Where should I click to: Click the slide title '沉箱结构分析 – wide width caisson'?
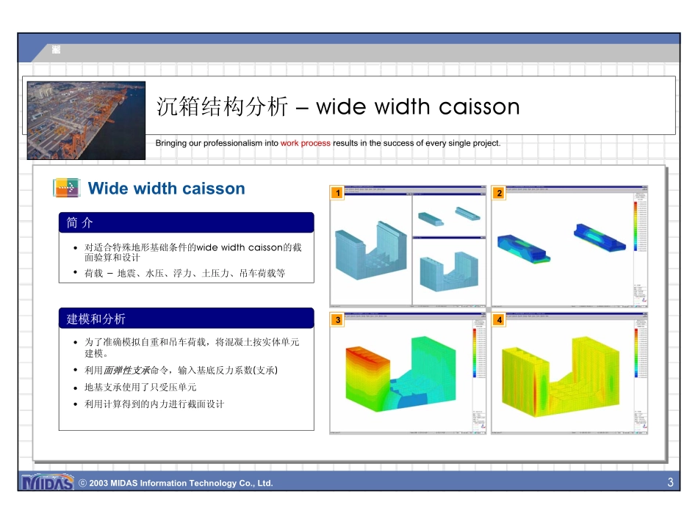[338, 107]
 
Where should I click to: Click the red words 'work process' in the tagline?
[305, 143]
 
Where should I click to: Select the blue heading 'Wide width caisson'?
[166, 189]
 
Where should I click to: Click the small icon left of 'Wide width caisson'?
[67, 188]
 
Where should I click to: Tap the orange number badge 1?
[337, 193]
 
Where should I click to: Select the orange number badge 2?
[499, 193]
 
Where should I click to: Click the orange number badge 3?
[337, 320]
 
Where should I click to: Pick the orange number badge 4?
[499, 320]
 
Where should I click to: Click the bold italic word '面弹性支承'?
[126, 370]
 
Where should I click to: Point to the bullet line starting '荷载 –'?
[184, 273]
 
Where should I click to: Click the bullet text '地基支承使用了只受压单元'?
[140, 387]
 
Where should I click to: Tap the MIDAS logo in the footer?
[48, 483]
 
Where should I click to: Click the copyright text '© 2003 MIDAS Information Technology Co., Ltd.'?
[176, 483]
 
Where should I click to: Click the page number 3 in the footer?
[670, 482]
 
